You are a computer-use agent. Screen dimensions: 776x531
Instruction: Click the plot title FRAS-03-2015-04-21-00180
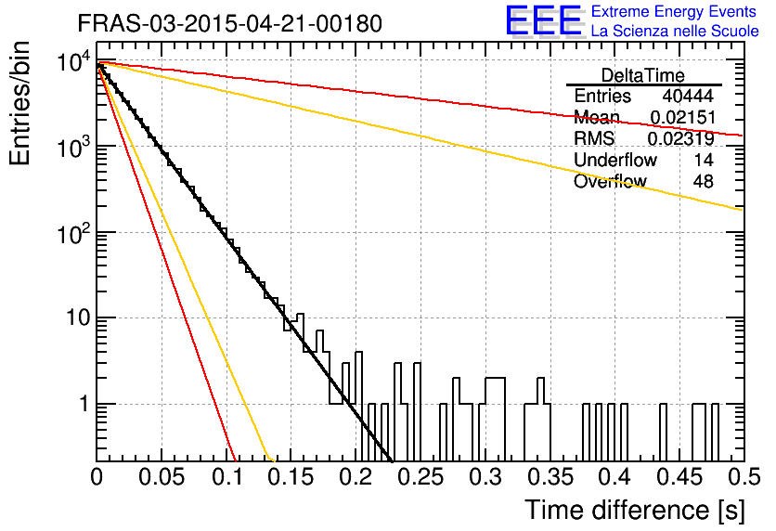(230, 23)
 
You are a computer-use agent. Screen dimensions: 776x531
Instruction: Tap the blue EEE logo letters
(543, 20)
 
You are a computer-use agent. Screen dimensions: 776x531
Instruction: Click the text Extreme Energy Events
(674, 11)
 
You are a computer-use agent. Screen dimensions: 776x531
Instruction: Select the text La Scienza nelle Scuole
(675, 31)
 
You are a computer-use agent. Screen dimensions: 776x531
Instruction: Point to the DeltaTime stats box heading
(643, 75)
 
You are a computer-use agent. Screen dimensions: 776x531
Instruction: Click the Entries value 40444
(688, 96)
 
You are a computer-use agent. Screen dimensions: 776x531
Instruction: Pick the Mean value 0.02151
(683, 117)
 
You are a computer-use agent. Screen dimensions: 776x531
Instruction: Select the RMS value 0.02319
(681, 138)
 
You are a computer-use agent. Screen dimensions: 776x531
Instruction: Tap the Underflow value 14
(704, 160)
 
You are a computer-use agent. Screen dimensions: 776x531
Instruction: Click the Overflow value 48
(704, 181)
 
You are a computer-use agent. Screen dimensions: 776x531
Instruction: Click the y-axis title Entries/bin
(19, 104)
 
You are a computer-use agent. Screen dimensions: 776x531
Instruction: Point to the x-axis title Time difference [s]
(635, 510)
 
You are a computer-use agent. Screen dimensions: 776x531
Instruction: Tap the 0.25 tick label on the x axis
(421, 477)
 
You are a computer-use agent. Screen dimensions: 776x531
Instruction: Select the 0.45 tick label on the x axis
(680, 477)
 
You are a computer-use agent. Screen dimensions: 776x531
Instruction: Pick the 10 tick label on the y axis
(78, 317)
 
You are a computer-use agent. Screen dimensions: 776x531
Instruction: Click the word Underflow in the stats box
(615, 160)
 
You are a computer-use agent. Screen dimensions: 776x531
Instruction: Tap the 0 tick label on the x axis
(97, 477)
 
